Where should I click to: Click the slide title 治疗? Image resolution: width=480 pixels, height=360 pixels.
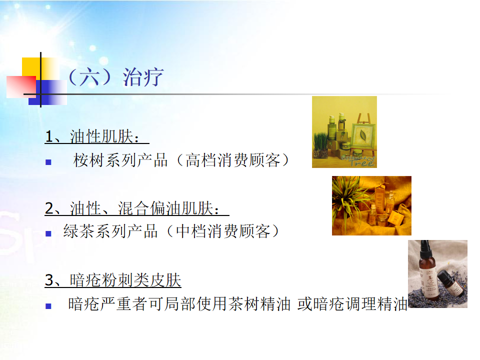coord(143,77)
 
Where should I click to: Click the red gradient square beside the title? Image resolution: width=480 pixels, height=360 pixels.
coord(21,87)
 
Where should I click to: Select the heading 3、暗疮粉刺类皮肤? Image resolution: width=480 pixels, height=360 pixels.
coord(113,280)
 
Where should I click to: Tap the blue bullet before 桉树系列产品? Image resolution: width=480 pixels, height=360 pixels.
coord(48,162)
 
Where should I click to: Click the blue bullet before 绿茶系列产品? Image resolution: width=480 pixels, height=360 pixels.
coord(48,234)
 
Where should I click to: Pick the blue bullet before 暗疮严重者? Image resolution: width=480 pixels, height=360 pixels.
coord(48,306)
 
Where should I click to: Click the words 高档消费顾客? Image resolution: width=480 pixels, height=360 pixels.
coord(233,160)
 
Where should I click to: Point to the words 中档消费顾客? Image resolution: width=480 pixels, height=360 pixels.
coord(223,231)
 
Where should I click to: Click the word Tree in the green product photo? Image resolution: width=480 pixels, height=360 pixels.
coord(362,162)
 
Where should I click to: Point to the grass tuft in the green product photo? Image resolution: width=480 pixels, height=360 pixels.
coord(321,145)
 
